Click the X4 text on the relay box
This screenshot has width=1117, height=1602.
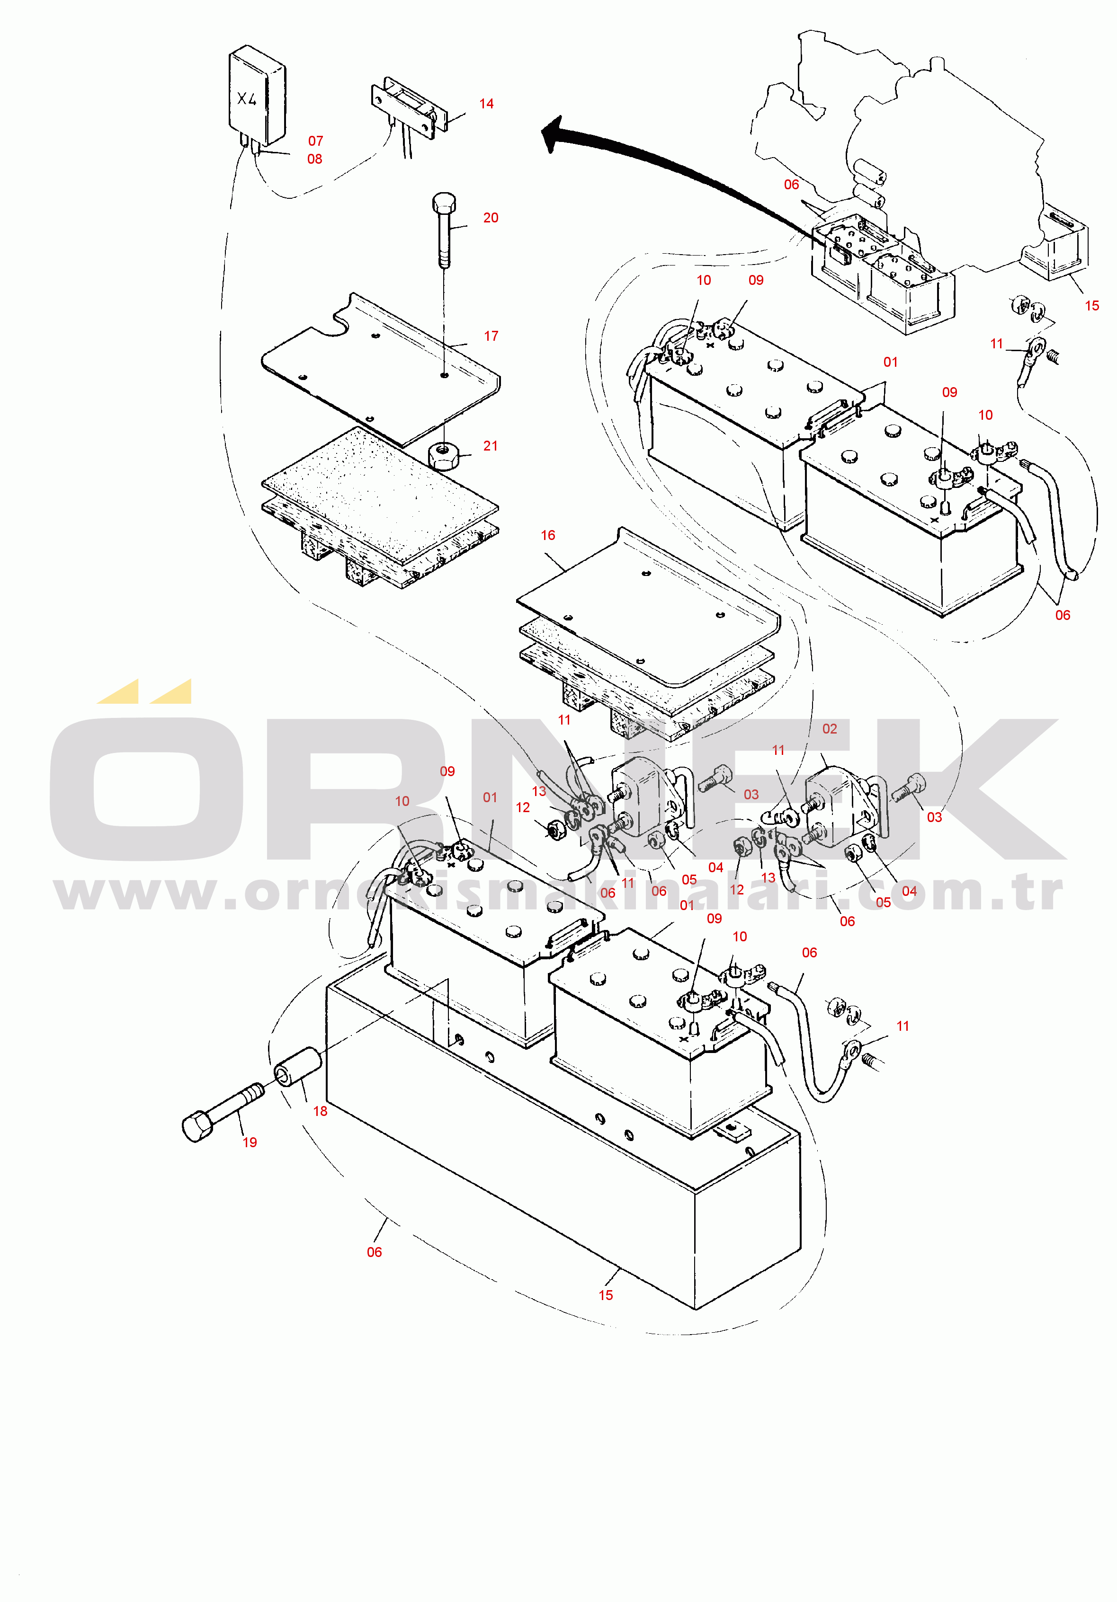(x=246, y=99)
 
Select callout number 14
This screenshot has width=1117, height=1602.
(x=487, y=104)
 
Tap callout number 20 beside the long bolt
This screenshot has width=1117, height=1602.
(x=491, y=218)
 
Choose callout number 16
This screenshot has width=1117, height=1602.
(x=548, y=535)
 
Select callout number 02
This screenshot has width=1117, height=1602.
(x=830, y=729)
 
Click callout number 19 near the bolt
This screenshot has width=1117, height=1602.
(x=250, y=1142)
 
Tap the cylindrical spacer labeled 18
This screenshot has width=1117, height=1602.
(x=297, y=1068)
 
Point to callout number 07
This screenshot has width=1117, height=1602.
(x=315, y=141)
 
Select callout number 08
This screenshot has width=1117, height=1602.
(x=315, y=159)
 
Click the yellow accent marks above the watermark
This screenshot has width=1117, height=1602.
(x=144, y=691)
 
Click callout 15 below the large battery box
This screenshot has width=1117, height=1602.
(x=606, y=1295)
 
